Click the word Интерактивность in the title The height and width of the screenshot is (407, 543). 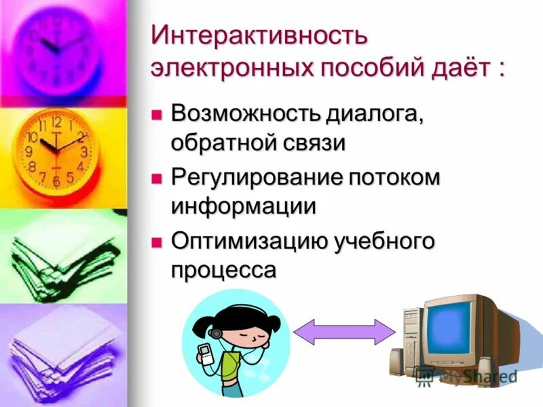tap(259, 35)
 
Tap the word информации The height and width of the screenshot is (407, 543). tap(244, 206)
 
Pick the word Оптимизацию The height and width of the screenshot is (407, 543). tap(248, 241)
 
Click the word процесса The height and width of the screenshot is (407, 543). tap(224, 270)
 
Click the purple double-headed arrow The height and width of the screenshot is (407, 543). tap(344, 332)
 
